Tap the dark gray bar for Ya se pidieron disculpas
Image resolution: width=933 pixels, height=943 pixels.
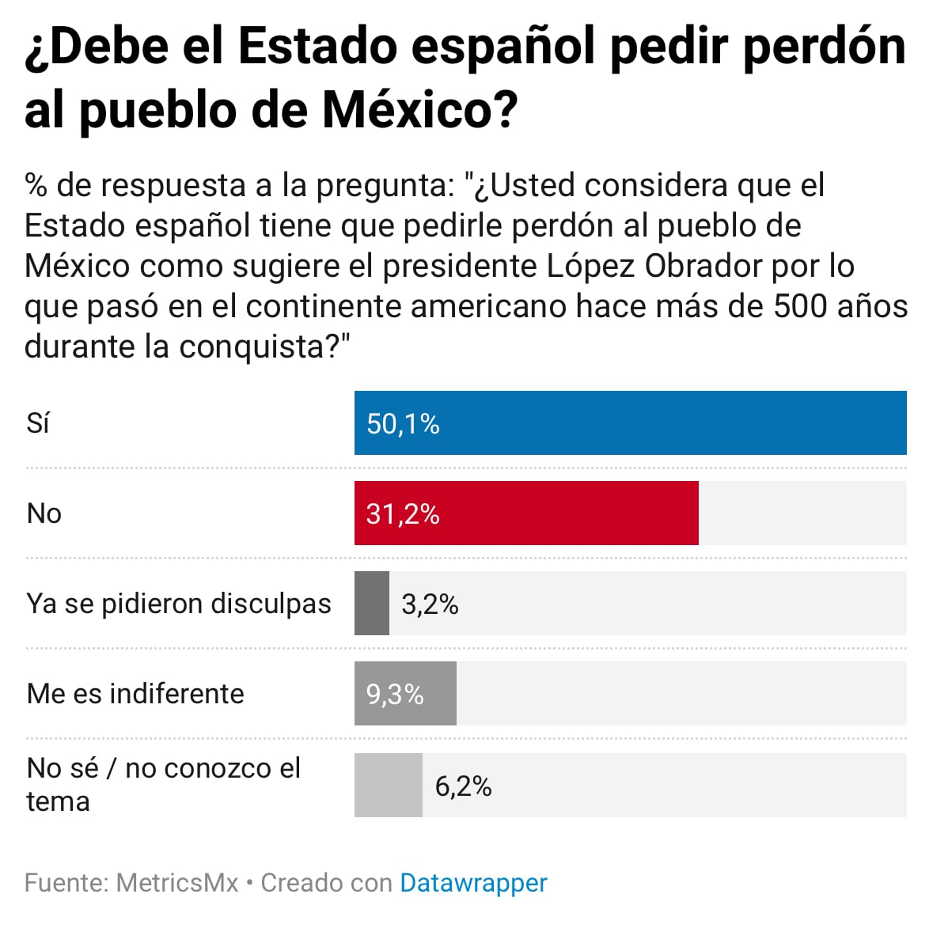pos(371,604)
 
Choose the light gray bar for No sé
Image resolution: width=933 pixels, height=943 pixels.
pos(388,785)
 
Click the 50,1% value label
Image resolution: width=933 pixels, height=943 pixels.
pos(403,424)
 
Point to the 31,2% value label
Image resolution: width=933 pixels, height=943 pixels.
pos(403,514)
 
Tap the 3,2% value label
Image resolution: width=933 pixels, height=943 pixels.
pos(430,604)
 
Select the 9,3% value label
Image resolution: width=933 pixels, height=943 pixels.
pos(394,695)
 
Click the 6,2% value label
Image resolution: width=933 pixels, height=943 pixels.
pos(463,786)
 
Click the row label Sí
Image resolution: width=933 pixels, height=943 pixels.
pos(38,423)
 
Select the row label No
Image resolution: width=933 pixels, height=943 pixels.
pos(44,513)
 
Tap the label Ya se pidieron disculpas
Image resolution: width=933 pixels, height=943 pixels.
pos(179,604)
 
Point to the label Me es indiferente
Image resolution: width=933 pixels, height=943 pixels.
pos(135,694)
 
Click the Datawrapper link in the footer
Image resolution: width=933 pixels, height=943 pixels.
pos(473,883)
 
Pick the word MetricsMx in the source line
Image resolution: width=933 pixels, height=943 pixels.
pos(176,883)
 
